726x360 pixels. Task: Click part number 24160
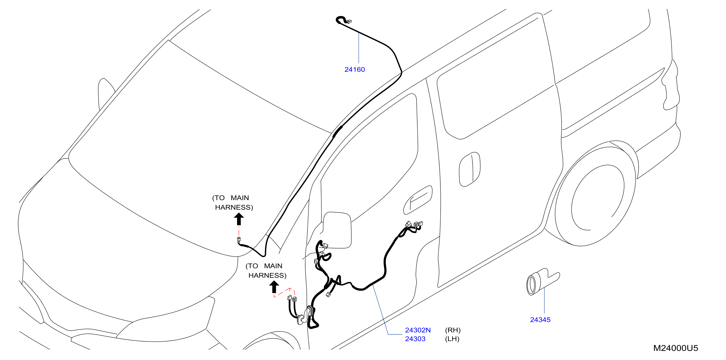tap(355, 70)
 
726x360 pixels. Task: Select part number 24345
tap(540, 320)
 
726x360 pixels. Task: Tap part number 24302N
tap(418, 330)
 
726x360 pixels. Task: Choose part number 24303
tap(415, 339)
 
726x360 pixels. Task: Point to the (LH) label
tap(452, 339)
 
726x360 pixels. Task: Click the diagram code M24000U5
tap(676, 348)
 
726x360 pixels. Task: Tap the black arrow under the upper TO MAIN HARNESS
tap(239, 219)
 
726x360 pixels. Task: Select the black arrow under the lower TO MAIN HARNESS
tap(274, 287)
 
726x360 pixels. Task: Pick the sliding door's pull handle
tap(469, 169)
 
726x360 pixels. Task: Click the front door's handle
tap(418, 200)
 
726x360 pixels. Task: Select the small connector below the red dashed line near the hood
tap(239, 240)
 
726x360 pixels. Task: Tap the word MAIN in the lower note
tap(273, 266)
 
